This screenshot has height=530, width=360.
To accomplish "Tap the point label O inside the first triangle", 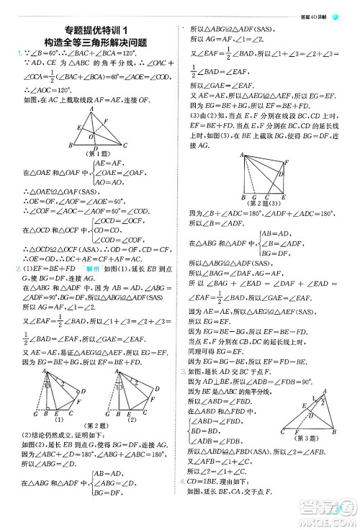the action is [89, 134].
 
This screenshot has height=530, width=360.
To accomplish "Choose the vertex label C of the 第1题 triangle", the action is [125, 146].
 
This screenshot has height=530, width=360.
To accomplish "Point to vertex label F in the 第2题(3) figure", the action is [286, 161].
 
